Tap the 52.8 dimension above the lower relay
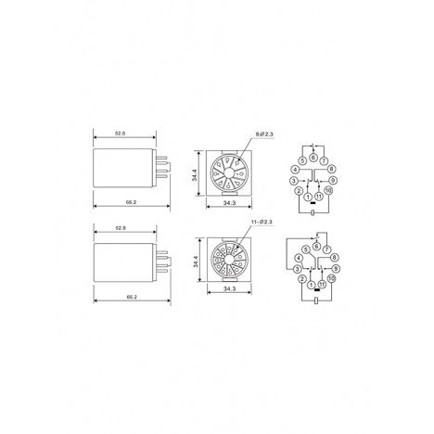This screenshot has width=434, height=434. (121, 227)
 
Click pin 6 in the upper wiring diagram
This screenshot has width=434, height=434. (313, 159)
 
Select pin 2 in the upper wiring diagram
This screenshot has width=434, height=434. (298, 191)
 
